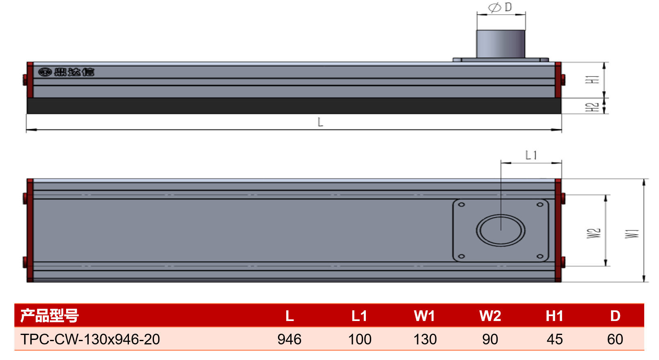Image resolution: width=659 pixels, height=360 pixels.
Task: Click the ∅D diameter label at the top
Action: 500,7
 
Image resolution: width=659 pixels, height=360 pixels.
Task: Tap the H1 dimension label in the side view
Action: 592,80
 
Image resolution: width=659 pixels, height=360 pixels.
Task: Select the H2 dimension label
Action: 592,107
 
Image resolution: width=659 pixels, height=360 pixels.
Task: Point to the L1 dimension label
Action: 531,155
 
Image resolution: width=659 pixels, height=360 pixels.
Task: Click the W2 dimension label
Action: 594,233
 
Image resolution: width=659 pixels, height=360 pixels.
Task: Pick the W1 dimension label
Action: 632,234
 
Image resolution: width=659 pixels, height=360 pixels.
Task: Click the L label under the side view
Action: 320,122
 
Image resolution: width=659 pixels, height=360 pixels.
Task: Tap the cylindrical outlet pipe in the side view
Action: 501,44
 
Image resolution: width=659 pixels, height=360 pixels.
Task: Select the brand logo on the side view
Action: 66,72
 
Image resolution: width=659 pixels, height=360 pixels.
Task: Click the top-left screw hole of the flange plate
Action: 462,204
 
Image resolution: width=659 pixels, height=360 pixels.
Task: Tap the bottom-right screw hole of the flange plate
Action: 540,257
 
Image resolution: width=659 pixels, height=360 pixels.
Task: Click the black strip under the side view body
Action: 294,106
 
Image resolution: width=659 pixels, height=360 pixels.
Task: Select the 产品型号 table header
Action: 49,316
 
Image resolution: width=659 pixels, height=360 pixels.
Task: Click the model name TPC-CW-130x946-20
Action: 90,339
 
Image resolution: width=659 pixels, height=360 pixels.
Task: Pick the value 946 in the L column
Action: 289,339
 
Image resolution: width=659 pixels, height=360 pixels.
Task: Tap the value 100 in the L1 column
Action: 360,339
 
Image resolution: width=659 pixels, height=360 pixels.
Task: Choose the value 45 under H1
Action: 555,339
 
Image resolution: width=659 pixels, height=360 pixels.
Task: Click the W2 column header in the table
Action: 490,316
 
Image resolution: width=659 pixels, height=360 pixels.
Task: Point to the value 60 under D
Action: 615,339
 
